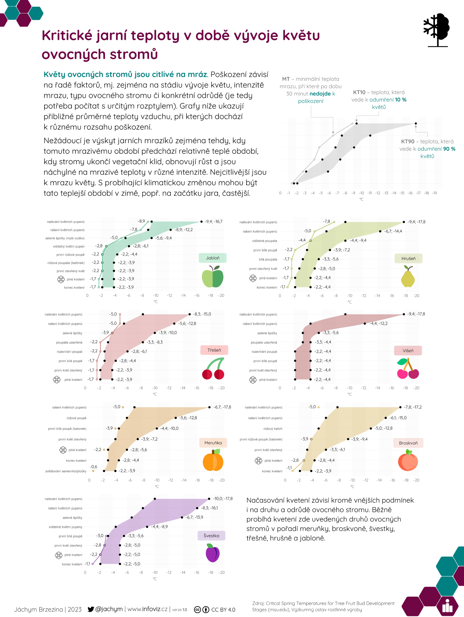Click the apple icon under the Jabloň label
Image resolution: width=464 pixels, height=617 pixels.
click(x=213, y=276)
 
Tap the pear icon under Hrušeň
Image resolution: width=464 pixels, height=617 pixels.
click(x=408, y=276)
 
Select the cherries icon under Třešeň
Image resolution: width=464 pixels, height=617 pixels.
click(x=213, y=368)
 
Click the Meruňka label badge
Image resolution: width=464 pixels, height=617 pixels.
click(x=213, y=443)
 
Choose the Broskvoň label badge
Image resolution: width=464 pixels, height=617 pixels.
click(x=408, y=443)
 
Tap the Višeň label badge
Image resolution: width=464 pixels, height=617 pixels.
click(x=408, y=351)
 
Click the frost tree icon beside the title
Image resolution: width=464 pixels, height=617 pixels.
click(x=436, y=30)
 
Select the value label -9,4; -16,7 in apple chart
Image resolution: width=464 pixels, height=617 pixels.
click(x=213, y=221)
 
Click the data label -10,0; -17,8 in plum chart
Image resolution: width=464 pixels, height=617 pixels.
click(x=223, y=499)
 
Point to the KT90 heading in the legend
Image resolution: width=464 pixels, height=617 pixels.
click(x=408, y=141)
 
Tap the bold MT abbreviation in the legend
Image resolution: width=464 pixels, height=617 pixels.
click(x=286, y=79)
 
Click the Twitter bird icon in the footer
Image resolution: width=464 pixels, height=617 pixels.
click(x=91, y=609)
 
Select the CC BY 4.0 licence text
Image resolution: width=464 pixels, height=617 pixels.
click(x=223, y=610)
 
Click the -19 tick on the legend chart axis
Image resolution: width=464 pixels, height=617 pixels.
click(x=435, y=193)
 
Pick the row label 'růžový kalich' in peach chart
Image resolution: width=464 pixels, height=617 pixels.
click(x=273, y=429)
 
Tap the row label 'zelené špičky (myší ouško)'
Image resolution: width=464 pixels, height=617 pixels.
click(x=65, y=238)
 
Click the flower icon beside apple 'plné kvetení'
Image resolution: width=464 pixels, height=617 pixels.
click(x=61, y=279)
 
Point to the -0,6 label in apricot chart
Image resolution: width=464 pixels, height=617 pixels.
click(x=93, y=467)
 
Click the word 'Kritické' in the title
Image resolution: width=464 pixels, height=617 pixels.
click(x=67, y=35)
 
